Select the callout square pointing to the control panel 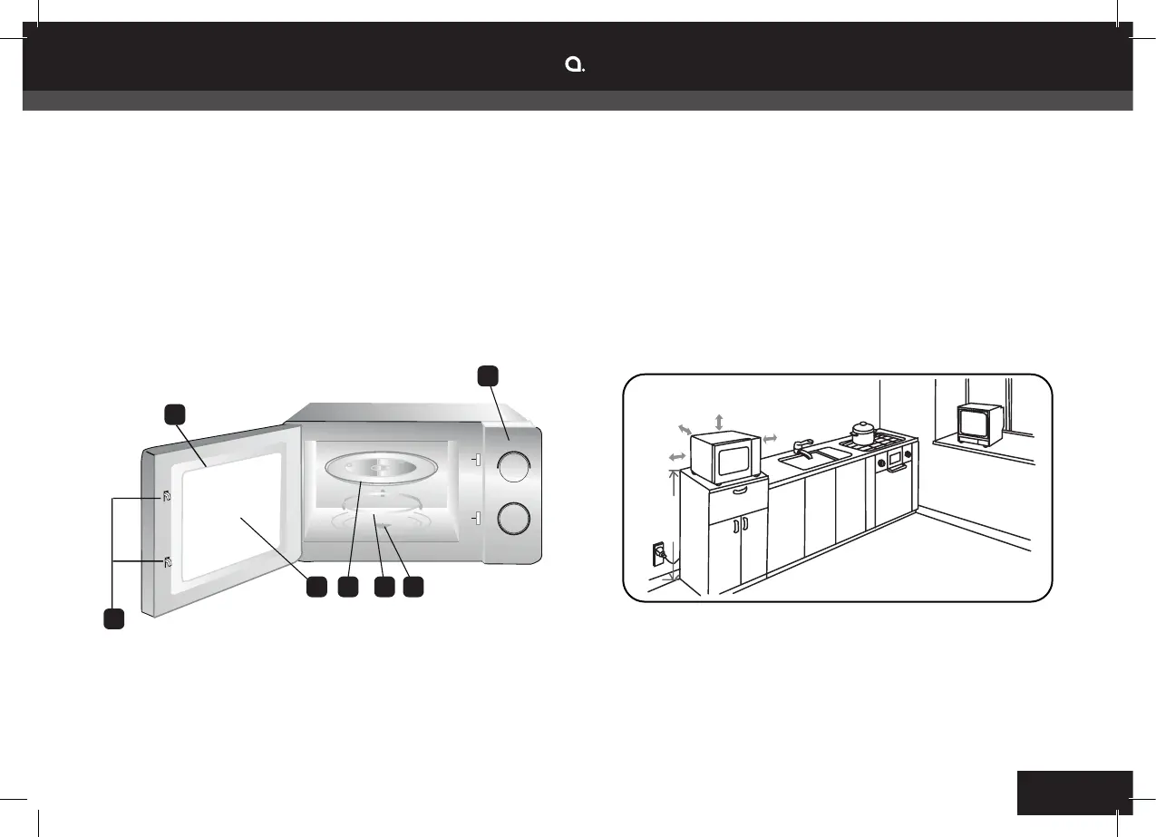(488, 375)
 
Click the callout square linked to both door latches (112, 620)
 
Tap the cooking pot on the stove (862, 432)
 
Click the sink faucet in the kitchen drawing (803, 446)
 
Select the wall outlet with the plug (658, 552)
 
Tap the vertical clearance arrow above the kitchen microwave (719, 422)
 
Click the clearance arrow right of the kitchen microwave (770, 439)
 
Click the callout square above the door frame (175, 414)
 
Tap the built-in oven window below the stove (896, 460)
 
